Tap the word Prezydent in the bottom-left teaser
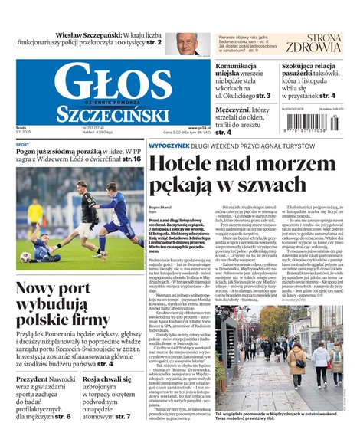[x=31, y=379]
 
